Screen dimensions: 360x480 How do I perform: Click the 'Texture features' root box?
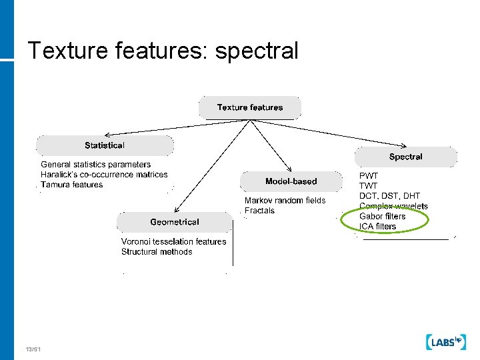250,107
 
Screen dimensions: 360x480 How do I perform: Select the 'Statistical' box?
105,145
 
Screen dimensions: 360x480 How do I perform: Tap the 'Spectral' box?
405,157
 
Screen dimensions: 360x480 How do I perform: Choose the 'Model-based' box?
291,181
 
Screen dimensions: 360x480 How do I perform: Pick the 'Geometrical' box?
174,222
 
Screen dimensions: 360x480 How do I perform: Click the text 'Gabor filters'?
382,216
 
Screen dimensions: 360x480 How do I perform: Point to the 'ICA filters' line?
377,226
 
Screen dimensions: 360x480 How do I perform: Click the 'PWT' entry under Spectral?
369,176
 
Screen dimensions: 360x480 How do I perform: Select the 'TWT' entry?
368,186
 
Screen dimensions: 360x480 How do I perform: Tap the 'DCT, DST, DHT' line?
389,196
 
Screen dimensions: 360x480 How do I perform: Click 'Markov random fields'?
285,201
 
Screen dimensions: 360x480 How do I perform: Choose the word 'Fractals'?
259,211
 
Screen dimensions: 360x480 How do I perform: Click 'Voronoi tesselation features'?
173,241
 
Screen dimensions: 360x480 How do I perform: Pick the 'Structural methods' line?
157,251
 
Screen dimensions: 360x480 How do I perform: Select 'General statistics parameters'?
95,164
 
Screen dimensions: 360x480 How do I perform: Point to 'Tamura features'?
72,185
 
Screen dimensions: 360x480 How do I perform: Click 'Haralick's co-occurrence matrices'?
104,175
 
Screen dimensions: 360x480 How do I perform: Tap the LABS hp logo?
445,342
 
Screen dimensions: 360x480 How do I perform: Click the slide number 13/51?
33,349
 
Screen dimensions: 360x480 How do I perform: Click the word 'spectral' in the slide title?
256,51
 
